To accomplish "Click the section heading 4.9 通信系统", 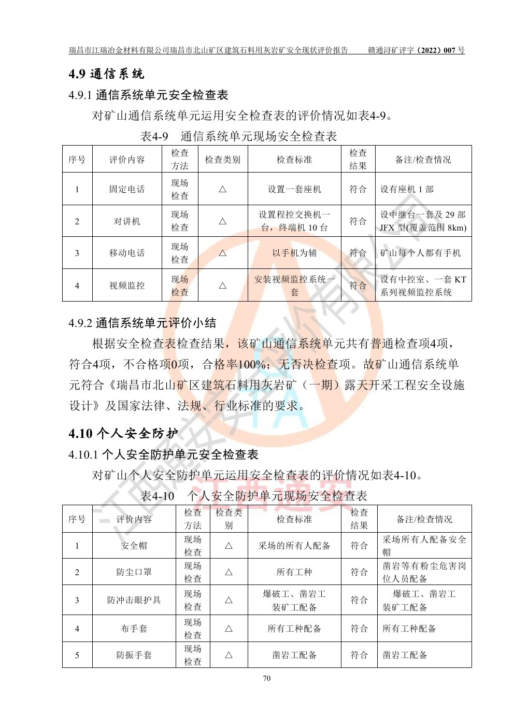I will point(107,74).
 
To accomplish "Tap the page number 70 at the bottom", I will point(267,679).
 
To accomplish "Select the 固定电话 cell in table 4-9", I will point(127,189).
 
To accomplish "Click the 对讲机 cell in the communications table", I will point(127,221).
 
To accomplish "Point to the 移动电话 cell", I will point(127,253).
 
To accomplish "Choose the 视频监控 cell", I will point(127,286).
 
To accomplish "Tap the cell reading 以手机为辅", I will point(294,253).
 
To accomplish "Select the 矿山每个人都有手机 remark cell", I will point(420,253).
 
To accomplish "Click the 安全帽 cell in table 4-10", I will point(134,546).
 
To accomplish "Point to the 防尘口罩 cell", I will point(134,572).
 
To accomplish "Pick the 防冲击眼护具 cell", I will point(134,600).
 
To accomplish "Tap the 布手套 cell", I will point(134,629).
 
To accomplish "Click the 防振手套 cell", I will point(134,655).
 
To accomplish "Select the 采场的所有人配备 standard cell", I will point(294,546).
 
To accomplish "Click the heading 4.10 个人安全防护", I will point(123,434).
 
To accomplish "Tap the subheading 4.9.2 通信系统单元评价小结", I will point(142,323).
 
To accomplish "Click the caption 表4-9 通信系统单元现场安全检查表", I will point(239,136).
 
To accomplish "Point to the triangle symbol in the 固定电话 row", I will point(222,189).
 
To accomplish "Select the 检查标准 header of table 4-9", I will point(294,160).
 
